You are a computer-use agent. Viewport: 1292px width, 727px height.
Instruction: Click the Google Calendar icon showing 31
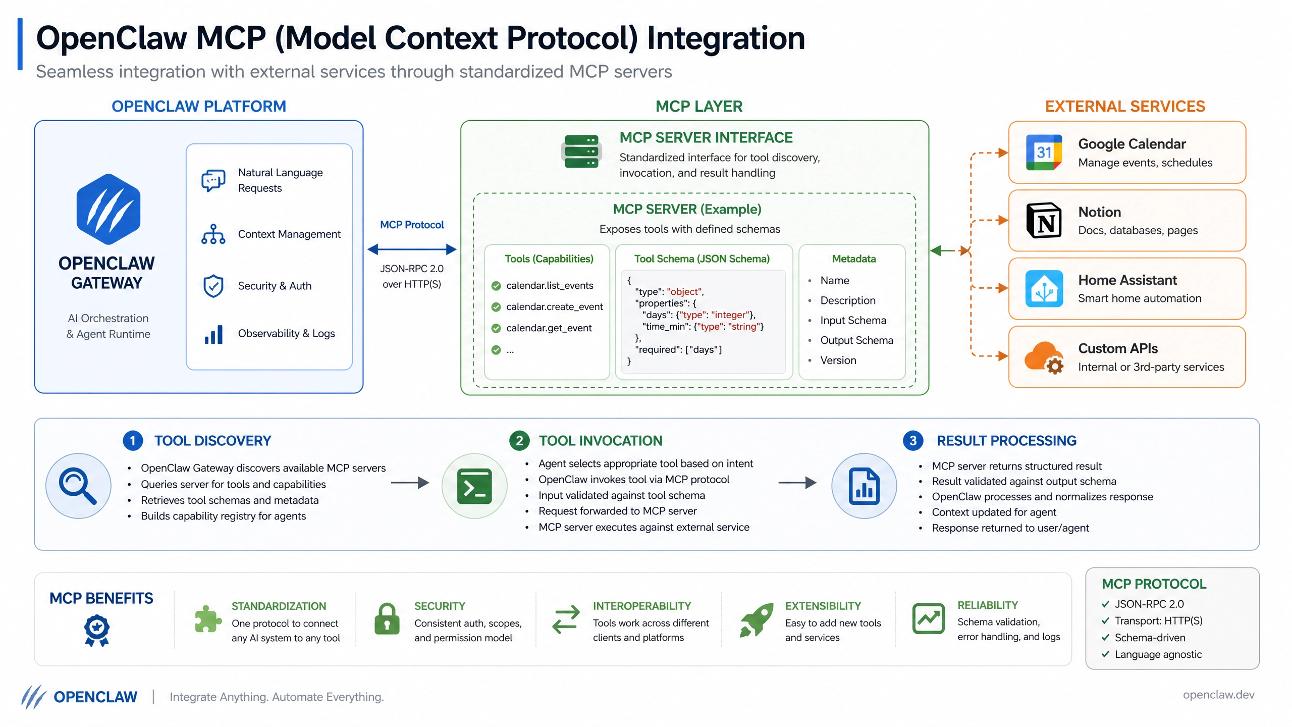1044,152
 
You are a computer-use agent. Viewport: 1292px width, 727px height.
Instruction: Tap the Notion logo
1044,221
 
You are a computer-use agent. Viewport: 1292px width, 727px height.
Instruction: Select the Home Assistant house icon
1044,289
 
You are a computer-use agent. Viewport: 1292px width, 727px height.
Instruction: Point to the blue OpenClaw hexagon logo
109,209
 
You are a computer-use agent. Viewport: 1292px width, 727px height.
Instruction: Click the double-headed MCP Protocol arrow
412,249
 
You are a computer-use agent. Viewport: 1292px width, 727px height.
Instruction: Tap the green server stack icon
581,151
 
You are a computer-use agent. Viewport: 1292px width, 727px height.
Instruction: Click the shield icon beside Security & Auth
213,286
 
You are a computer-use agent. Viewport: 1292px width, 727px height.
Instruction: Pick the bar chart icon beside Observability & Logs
213,334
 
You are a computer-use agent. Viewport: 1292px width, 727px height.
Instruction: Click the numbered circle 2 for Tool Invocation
519,441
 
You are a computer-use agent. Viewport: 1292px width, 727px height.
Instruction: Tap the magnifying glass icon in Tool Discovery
78,486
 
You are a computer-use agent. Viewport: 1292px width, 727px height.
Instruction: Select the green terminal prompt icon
474,486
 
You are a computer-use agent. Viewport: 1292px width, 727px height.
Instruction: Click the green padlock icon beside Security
387,619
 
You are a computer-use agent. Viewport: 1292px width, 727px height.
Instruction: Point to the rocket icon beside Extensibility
757,619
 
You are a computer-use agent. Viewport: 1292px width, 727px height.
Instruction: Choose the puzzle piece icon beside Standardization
207,619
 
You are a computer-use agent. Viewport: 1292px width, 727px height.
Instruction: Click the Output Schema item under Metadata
856,340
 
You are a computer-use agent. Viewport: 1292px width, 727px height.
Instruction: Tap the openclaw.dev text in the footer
1218,695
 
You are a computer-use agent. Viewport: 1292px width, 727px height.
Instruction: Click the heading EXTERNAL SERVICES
1125,107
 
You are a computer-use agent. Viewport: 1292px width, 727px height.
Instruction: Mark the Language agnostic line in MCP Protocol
1158,654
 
